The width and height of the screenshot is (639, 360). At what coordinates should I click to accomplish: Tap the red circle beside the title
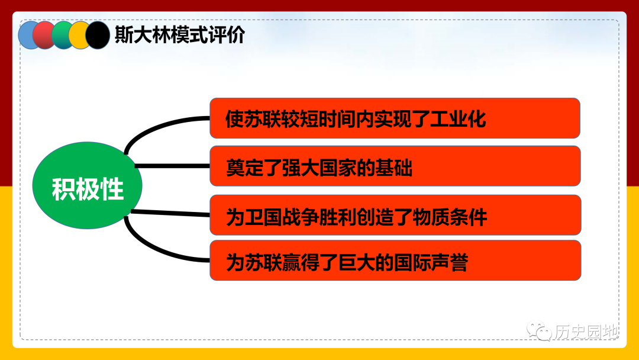click(x=43, y=35)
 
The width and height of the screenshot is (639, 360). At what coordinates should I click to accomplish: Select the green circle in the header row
click(x=61, y=35)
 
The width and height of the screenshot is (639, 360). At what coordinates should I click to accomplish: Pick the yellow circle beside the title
click(x=78, y=35)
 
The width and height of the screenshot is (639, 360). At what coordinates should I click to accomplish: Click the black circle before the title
click(x=98, y=35)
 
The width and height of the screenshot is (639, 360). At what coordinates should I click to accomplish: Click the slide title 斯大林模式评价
click(x=180, y=35)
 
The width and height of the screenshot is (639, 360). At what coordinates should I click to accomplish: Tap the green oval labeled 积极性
click(x=87, y=185)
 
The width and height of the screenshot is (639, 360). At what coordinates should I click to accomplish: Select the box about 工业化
click(x=395, y=118)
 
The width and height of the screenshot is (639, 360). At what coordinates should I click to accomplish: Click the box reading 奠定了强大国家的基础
click(x=395, y=166)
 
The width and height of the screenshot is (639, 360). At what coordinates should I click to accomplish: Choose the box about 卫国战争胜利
click(x=395, y=215)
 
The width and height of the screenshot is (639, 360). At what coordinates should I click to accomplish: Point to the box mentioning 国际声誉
click(x=395, y=260)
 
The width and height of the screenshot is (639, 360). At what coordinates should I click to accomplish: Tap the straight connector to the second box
click(x=172, y=166)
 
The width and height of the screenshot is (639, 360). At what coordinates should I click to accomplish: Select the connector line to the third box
click(x=170, y=213)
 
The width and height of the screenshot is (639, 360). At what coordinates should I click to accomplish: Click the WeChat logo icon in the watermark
click(x=539, y=330)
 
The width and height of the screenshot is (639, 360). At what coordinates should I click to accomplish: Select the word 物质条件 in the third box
click(x=450, y=217)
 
